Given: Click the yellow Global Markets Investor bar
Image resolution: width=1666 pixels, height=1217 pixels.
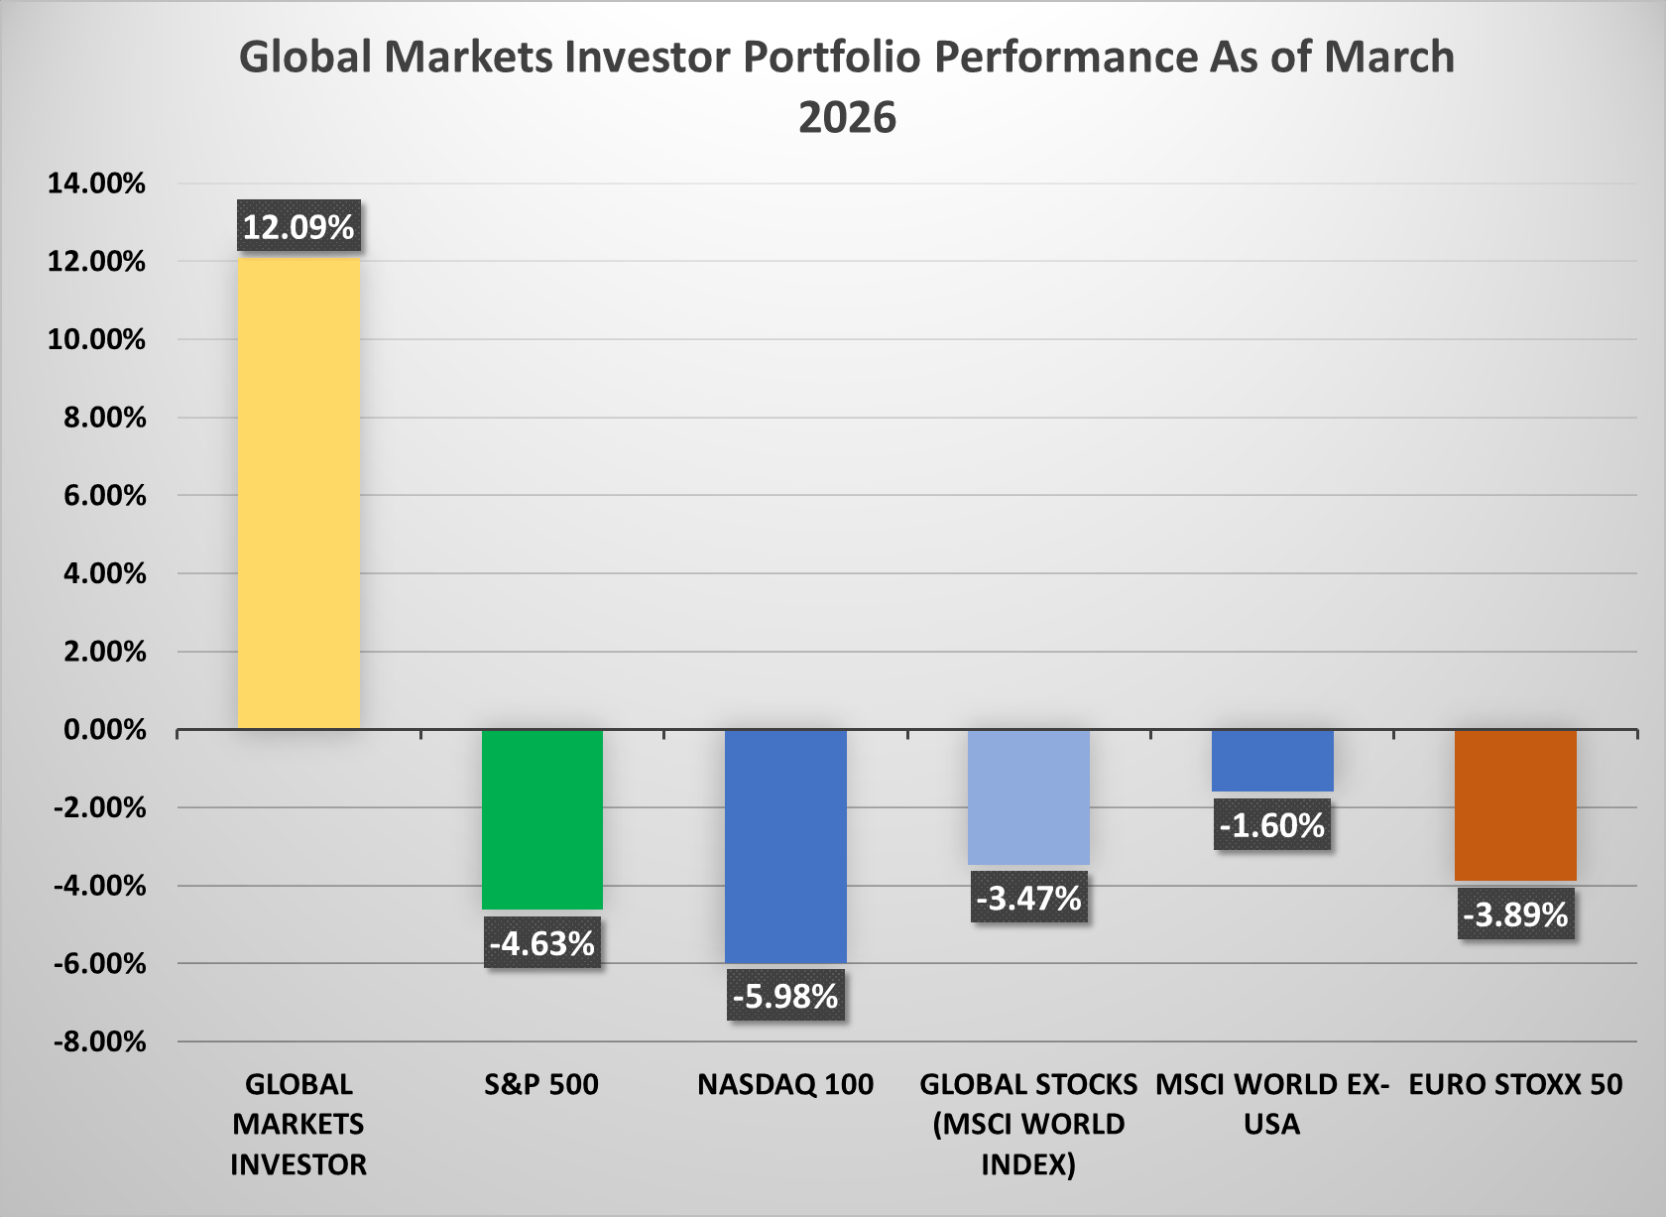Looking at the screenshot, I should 298,493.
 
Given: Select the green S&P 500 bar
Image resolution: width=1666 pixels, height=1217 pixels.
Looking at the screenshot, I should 542,819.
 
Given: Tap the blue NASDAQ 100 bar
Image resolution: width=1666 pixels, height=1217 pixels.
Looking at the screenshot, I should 785,846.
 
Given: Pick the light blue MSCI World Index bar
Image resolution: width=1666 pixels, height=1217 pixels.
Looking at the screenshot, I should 1028,797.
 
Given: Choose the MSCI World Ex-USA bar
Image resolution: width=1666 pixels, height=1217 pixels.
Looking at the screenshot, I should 1272,761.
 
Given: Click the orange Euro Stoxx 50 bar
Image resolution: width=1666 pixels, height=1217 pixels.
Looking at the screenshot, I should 1515,805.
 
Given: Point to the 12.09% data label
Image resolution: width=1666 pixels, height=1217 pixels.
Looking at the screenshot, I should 298,227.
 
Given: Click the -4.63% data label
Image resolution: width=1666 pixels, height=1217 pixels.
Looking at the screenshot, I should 542,943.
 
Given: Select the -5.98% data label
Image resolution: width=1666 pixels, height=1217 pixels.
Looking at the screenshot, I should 785,996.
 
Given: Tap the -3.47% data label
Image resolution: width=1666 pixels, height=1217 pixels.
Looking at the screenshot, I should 1028,898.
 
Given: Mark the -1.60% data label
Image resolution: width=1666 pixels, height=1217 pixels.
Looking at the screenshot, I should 1272,825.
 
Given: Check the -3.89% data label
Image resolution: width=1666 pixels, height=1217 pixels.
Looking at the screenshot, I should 1515,913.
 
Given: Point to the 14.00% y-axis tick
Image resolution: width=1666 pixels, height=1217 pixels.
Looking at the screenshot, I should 97,183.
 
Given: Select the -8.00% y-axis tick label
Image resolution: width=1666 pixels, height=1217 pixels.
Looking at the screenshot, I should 99,1042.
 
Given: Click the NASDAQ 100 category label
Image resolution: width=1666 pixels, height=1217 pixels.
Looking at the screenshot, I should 785,1085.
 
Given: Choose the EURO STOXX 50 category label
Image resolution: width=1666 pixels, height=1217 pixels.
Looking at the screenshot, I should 1515,1085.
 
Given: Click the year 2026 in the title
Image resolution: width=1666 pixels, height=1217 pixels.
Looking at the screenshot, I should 847,118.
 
